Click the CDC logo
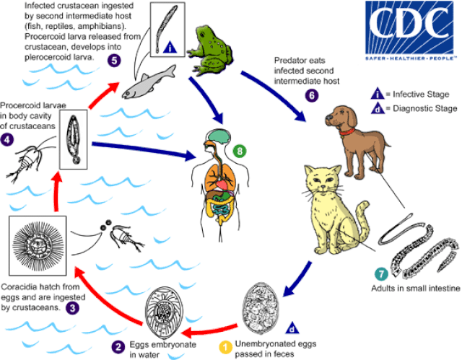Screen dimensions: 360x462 tap(410, 25)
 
